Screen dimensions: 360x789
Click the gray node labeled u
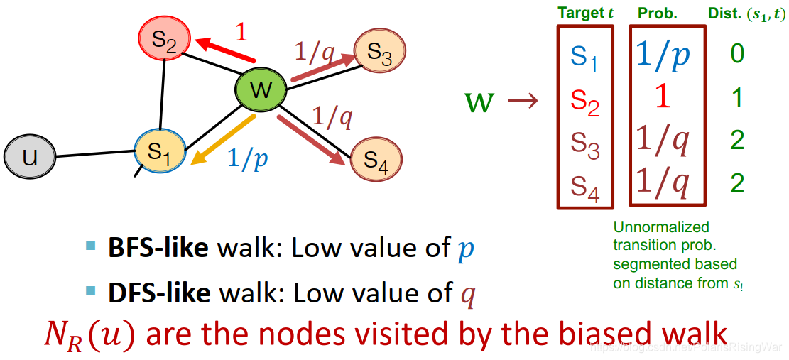pos(29,156)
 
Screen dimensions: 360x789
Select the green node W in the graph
pos(261,89)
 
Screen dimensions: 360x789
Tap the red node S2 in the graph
pos(164,43)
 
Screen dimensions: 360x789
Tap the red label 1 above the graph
pos(241,33)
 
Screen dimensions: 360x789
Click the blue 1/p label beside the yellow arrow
pos(248,158)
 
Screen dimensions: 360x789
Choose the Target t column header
pos(585,13)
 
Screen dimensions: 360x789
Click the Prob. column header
pos(658,13)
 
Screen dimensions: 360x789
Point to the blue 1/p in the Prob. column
pos(663,56)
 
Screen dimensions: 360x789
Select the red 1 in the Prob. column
pos(662,97)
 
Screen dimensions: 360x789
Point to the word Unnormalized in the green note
pos(652,227)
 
